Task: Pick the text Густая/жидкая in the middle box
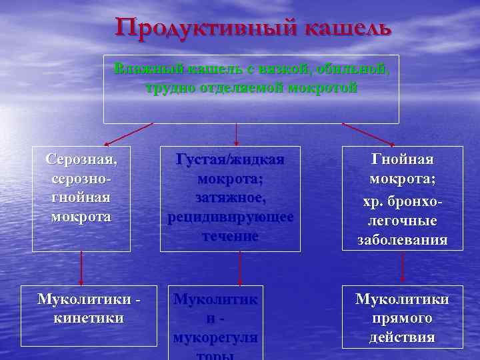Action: point(230,160)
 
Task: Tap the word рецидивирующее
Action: point(230,217)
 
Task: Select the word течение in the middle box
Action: point(230,237)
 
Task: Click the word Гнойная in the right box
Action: point(402,160)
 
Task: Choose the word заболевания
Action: point(402,240)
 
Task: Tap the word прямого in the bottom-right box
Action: point(402,319)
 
